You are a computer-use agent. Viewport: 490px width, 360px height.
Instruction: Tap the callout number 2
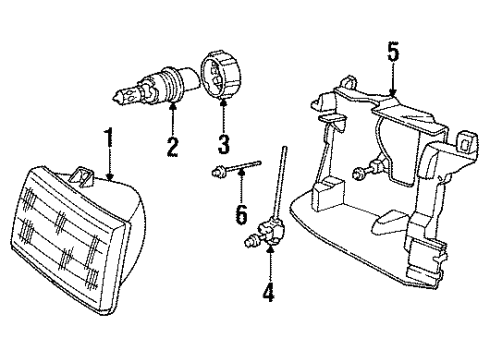click(172, 149)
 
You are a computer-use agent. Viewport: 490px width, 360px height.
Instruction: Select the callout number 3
click(223, 149)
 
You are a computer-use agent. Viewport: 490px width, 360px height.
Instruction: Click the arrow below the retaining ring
click(223, 116)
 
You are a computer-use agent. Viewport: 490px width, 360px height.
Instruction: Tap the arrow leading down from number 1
click(108, 164)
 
